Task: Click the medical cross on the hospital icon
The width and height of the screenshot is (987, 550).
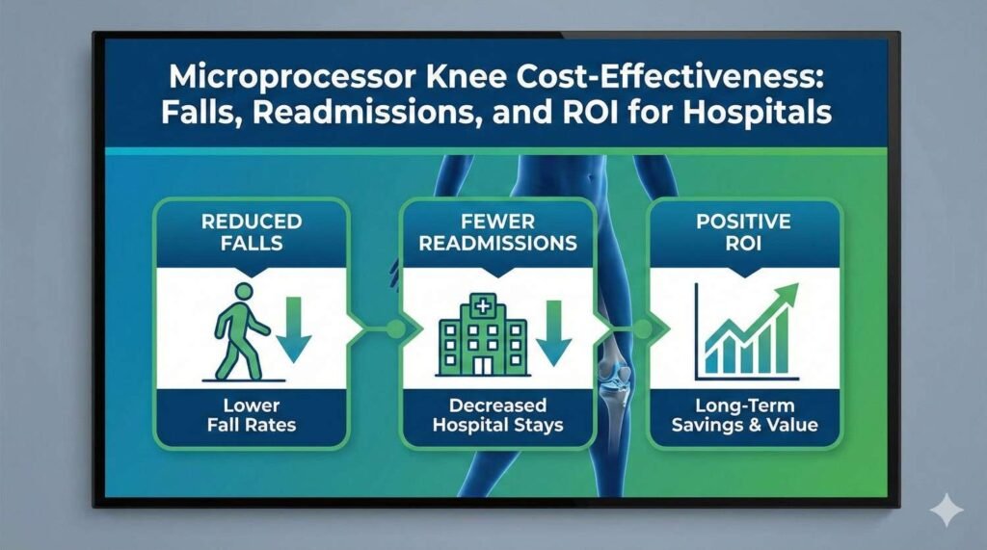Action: [478, 307]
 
